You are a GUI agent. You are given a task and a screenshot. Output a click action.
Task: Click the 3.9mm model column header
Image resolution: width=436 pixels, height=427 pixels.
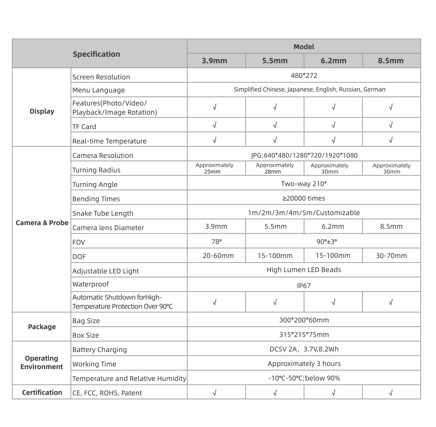pyautogui.click(x=214, y=61)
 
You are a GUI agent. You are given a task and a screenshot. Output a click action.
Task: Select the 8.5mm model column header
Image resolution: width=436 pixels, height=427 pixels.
pyautogui.click(x=390, y=61)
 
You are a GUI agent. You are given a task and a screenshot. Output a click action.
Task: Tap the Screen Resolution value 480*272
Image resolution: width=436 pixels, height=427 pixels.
pyautogui.click(x=304, y=75)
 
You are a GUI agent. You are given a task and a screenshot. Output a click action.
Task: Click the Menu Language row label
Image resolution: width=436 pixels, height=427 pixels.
pyautogui.click(x=99, y=90)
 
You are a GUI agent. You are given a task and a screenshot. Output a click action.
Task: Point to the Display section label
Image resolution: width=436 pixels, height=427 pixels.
pyautogui.click(x=42, y=111)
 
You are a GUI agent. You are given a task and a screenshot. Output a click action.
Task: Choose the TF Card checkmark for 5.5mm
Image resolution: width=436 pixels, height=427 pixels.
pyautogui.click(x=275, y=125)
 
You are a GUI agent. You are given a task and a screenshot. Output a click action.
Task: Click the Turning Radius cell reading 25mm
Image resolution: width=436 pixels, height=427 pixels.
pyautogui.click(x=214, y=169)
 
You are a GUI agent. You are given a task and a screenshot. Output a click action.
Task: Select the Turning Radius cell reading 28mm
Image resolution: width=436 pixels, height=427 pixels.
pyautogui.click(x=275, y=169)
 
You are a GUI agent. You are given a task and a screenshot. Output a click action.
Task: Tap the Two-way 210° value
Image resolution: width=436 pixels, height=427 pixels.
pyautogui.click(x=304, y=184)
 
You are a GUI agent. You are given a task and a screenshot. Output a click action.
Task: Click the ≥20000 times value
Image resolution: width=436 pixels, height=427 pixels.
pyautogui.click(x=304, y=199)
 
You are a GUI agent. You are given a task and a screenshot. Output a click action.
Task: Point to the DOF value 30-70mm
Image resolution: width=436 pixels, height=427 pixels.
pyautogui.click(x=391, y=256)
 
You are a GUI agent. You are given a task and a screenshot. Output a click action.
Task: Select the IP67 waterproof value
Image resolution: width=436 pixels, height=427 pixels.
pyautogui.click(x=304, y=285)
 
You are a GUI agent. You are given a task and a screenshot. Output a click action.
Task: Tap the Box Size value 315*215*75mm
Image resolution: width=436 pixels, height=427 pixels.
pyautogui.click(x=304, y=335)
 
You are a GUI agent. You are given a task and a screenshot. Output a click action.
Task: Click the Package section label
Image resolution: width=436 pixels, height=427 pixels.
pyautogui.click(x=42, y=327)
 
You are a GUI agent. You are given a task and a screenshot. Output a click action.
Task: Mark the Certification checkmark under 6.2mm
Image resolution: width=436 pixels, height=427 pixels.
pyautogui.click(x=333, y=393)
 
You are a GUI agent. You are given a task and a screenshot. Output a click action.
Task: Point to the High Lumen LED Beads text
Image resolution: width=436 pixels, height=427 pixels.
pyautogui.click(x=304, y=270)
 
